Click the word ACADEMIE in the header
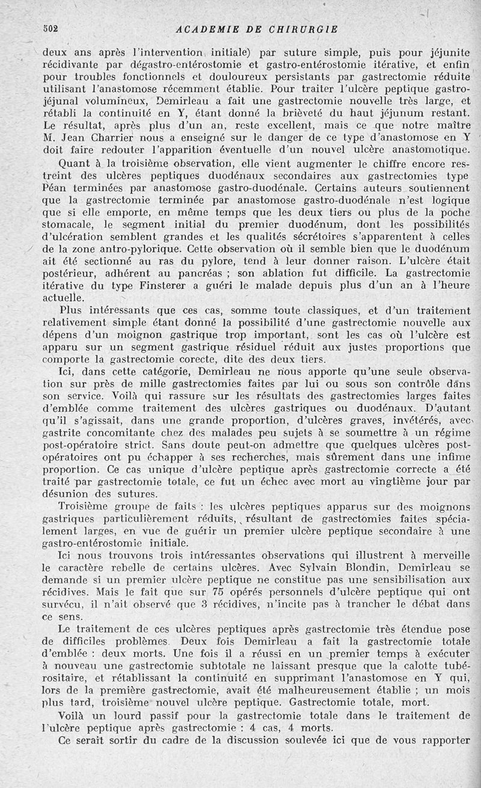point(204,28)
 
